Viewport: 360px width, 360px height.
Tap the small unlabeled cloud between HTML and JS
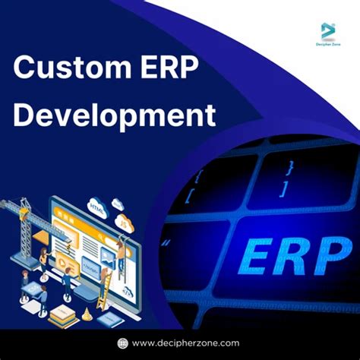coord(117,204)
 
